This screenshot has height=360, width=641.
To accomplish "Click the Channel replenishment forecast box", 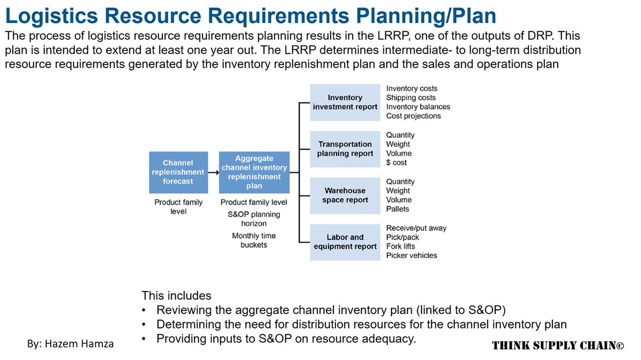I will click(178, 172).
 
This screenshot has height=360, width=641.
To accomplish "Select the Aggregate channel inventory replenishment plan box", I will click(254, 172).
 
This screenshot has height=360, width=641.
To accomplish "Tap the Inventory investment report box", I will click(345, 102).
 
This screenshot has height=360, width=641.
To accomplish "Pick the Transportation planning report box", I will click(345, 148).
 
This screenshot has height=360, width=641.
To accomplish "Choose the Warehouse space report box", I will click(345, 195).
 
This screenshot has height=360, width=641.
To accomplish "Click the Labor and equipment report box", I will click(345, 241).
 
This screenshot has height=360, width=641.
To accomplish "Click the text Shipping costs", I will click(411, 98).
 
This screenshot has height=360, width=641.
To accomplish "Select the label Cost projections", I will click(413, 116).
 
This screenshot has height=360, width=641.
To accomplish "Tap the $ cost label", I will click(396, 162).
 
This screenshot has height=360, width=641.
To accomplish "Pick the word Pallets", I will click(397, 209).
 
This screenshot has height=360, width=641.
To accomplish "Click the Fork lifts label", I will click(401, 246).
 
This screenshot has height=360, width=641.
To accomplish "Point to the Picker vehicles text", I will click(411, 255).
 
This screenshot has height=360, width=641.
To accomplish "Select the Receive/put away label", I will click(416, 228).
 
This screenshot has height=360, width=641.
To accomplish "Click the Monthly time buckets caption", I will click(254, 240).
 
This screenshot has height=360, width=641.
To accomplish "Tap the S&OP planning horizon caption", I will click(254, 219).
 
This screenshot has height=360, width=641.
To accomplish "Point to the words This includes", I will click(176, 295).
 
